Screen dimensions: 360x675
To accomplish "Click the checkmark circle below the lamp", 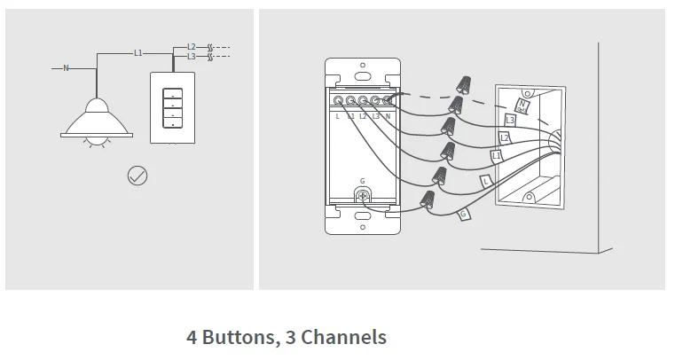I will point(137,176).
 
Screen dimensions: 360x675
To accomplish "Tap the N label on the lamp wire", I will point(66,68).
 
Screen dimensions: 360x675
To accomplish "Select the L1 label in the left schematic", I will point(137,53).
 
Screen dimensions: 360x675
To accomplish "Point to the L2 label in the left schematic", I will point(192,46).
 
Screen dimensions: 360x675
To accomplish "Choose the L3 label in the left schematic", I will point(192,57).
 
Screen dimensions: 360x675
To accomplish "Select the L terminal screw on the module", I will point(338,101).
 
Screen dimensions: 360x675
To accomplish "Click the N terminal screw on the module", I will point(388,101).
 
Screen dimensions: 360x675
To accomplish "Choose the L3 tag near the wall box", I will point(510,120).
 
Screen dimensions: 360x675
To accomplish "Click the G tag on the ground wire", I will point(463,214).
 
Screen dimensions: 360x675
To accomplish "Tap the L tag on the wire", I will point(486,180).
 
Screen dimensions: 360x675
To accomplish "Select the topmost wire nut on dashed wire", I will point(462,84).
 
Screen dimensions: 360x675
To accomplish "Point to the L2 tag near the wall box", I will point(504,137).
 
